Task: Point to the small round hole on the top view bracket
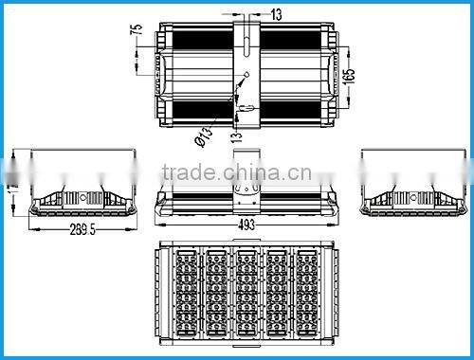point(246,76)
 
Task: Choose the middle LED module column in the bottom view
point(246,294)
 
